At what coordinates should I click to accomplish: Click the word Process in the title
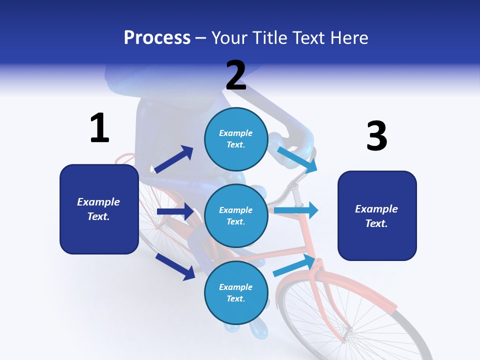click(x=157, y=37)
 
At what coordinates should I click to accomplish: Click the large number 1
click(x=99, y=128)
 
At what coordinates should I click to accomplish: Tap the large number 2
click(x=236, y=75)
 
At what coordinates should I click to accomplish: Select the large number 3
click(x=376, y=136)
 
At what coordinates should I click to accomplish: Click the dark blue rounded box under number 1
click(x=99, y=209)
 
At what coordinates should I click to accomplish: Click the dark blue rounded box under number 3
click(x=377, y=215)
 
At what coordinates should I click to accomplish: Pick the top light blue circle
click(x=236, y=139)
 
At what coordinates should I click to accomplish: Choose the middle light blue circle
click(x=236, y=215)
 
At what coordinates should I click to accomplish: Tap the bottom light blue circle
click(x=236, y=292)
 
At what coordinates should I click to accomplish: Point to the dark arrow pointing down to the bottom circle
click(x=175, y=266)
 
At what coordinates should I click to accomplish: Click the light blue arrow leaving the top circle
click(x=297, y=159)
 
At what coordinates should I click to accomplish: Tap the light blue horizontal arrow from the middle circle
click(x=296, y=210)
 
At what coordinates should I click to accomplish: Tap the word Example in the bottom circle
click(x=235, y=287)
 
